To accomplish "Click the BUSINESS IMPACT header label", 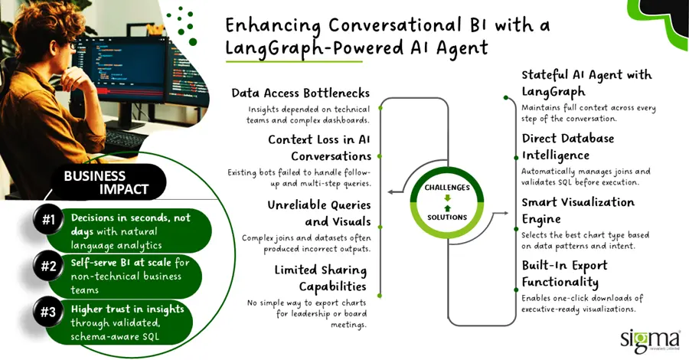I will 105,182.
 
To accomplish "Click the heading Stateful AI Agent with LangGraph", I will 586,83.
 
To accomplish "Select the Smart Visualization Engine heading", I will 578,210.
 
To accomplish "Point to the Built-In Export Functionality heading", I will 564,273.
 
